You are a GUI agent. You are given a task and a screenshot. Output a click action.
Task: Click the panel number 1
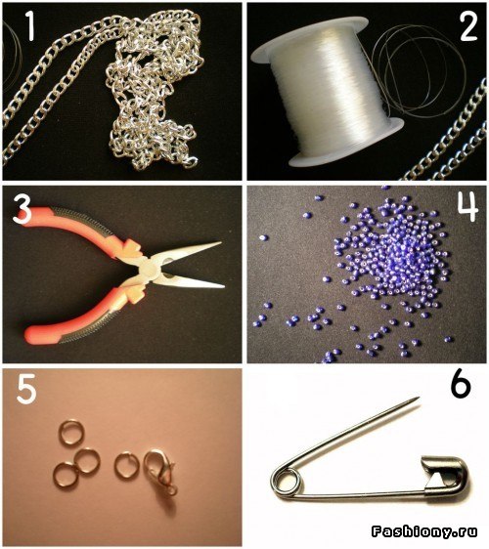click(x=30, y=26)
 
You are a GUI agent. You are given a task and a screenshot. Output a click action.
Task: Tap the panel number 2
click(x=468, y=26)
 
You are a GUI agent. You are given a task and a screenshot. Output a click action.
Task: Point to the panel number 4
click(x=468, y=206)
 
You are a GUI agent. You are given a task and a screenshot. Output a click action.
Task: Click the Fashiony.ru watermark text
click(x=424, y=531)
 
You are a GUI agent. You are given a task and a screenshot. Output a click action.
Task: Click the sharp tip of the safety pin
click(x=419, y=398)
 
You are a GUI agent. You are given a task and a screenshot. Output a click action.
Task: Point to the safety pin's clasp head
click(x=445, y=476)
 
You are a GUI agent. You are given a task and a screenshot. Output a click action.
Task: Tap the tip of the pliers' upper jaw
click(x=220, y=242)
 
